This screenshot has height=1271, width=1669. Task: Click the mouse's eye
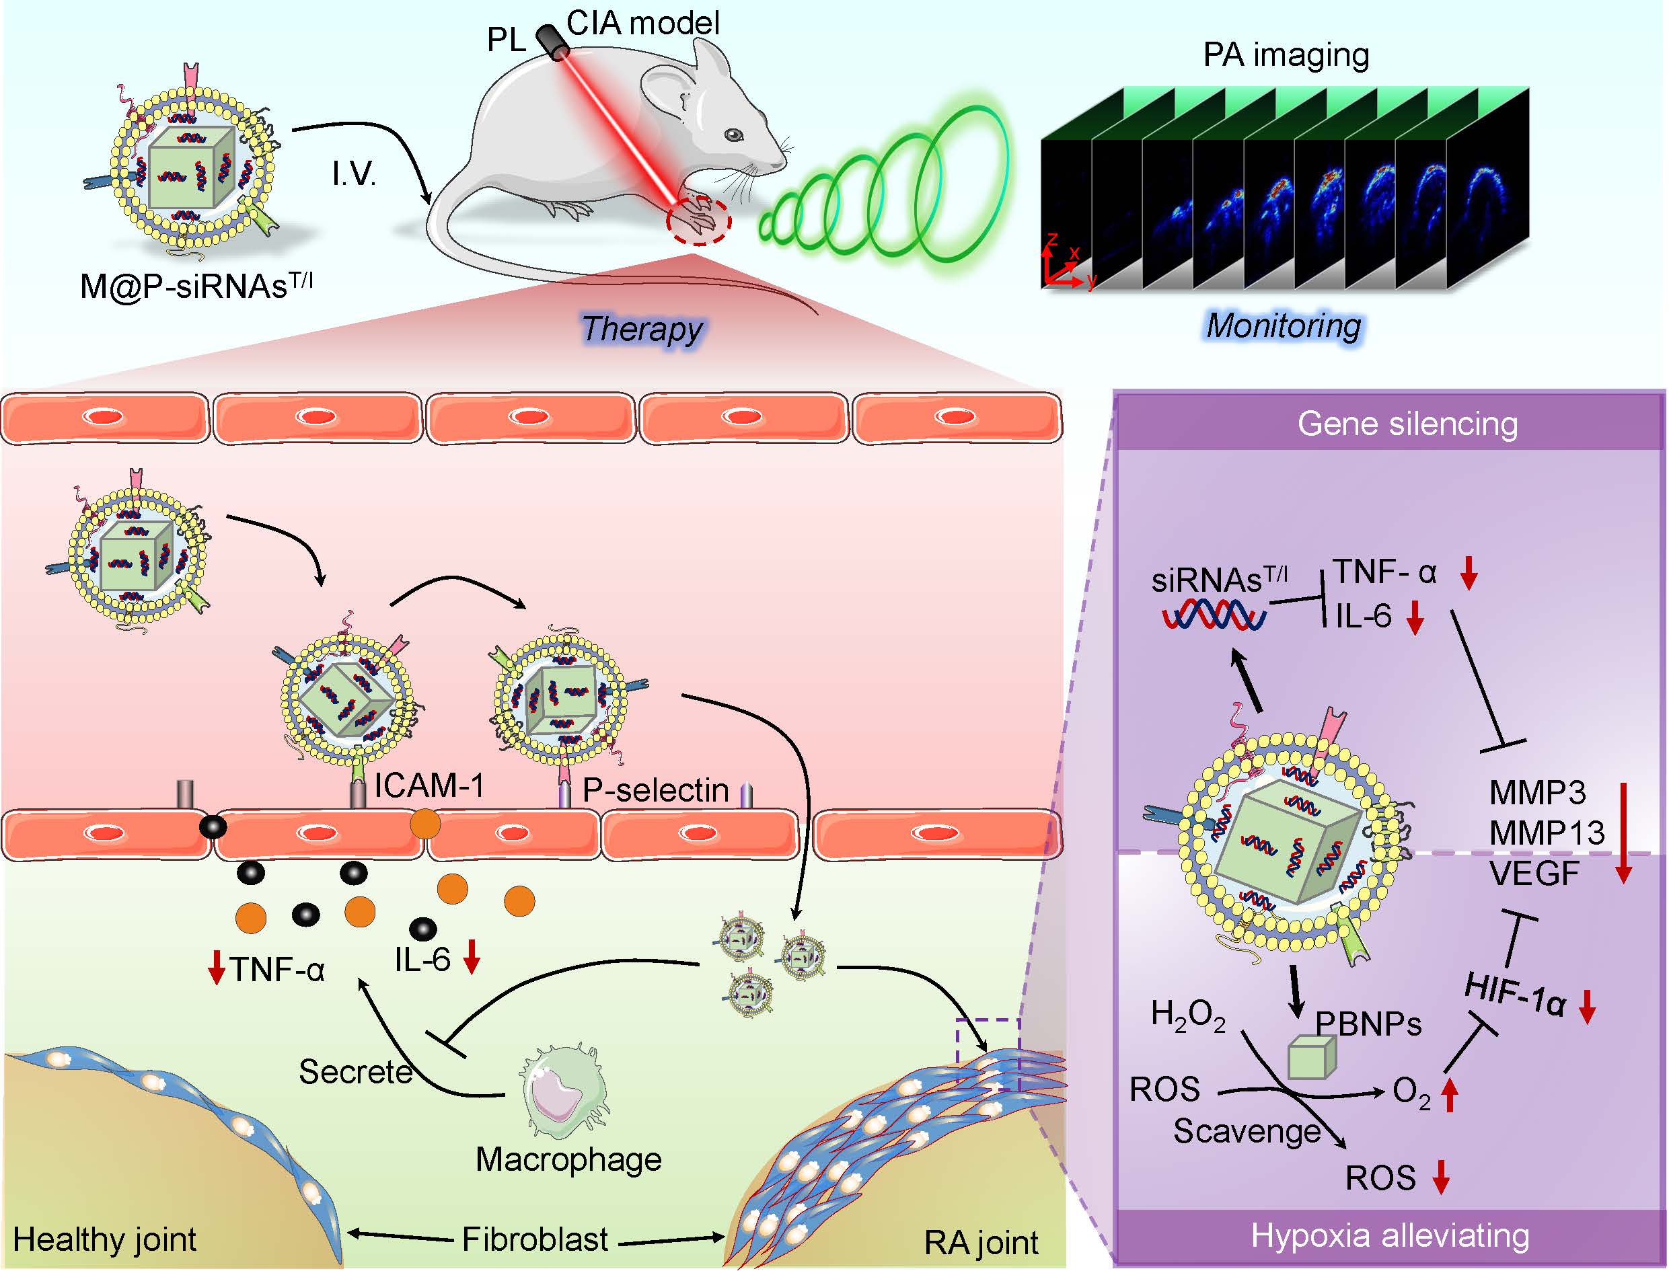[733, 134]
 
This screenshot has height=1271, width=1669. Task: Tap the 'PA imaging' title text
[1286, 54]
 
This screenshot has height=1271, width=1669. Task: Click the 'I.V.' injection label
[353, 175]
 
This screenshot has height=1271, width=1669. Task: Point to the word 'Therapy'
[642, 328]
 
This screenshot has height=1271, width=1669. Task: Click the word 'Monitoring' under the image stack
[1283, 325]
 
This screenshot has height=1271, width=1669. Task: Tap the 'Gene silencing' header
[1407, 424]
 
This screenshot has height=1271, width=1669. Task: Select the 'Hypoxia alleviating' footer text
[1390, 1235]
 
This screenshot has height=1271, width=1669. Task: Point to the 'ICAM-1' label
[429, 786]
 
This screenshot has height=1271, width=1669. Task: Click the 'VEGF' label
[1534, 874]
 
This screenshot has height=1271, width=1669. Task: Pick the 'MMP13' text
[1547, 834]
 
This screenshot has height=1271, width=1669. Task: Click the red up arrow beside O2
[1449, 1094]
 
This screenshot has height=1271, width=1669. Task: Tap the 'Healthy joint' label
[104, 1240]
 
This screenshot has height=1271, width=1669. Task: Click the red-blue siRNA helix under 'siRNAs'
[1214, 615]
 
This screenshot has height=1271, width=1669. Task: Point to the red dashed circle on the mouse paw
[699, 221]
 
